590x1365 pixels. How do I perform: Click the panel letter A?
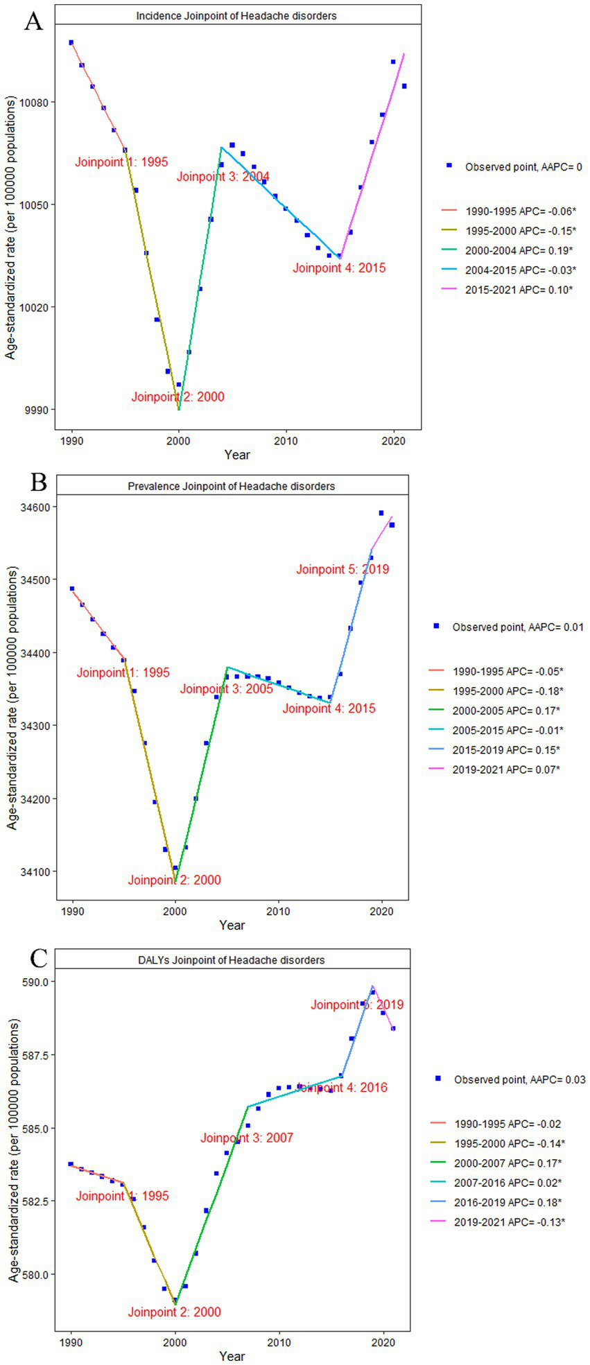pos(33,21)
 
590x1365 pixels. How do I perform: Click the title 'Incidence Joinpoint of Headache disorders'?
pos(236,15)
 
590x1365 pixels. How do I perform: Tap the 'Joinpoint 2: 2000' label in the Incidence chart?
pos(177,397)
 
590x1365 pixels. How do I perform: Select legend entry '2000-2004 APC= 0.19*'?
pos(513,250)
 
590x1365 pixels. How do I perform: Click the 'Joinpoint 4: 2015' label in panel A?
pos(339,268)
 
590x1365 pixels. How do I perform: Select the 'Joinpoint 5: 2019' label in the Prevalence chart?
pos(342,569)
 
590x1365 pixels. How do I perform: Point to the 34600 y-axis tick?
pos(37,507)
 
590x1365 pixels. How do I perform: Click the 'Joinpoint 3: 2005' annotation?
pos(226,688)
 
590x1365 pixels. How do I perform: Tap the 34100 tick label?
pos(37,871)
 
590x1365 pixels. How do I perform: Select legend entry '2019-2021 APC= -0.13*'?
pos(510,1221)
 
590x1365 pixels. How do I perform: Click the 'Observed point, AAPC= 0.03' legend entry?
pos(519,1079)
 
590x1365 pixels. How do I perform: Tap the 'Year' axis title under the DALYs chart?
pos(232,1355)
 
